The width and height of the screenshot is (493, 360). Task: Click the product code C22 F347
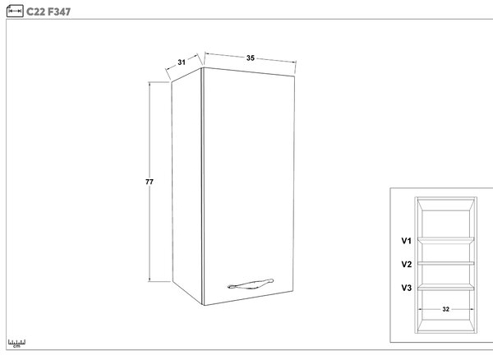(48, 12)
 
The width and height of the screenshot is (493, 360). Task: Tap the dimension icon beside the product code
(15, 11)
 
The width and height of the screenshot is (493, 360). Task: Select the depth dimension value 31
(182, 62)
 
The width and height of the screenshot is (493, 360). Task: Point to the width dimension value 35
(251, 58)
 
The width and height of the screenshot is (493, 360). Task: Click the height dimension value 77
(150, 182)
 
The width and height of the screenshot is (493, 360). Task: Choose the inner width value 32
(445, 309)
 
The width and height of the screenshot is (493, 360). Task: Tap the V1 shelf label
(406, 241)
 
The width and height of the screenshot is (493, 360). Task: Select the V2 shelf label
(406, 265)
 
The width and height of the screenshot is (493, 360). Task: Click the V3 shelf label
(406, 288)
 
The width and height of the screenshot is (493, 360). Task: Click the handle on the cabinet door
(251, 284)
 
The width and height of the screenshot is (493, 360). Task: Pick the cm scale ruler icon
(16, 343)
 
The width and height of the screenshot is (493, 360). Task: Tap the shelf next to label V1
(445, 240)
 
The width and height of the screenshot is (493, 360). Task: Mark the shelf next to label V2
(445, 263)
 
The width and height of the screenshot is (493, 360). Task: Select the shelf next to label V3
(445, 287)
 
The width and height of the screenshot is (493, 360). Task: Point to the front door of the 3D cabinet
(248, 186)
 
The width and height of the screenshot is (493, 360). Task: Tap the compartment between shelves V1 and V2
(445, 252)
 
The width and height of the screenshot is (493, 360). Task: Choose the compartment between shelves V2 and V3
(445, 275)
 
